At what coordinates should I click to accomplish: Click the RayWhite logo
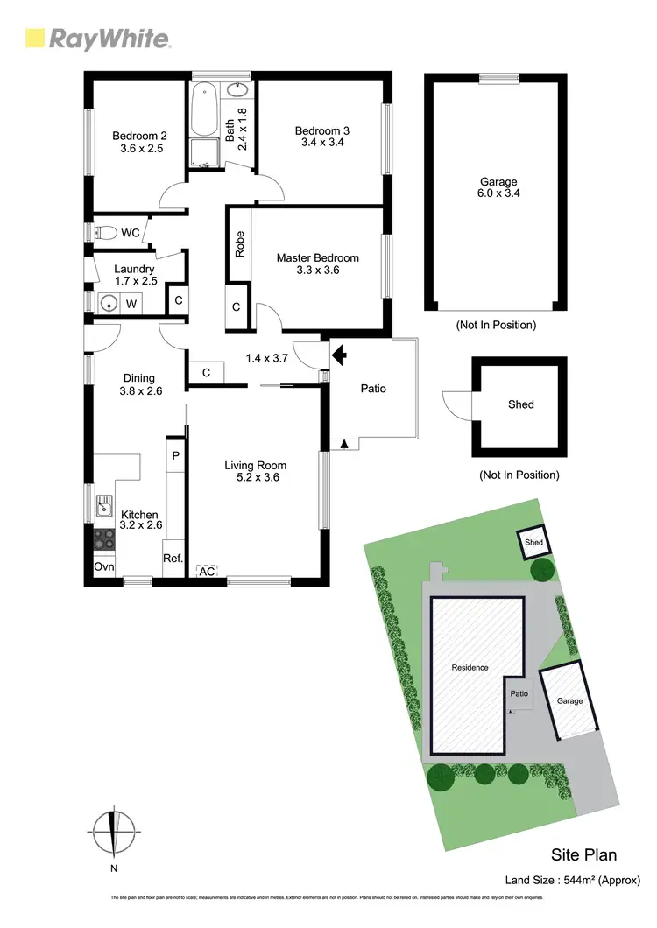tap(97, 38)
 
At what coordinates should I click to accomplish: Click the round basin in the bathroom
tap(237, 90)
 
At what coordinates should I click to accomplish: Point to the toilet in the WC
tap(105, 233)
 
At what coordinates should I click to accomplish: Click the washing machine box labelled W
tap(131, 303)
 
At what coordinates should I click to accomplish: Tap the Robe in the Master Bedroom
tap(239, 244)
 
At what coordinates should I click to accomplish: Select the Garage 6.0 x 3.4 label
tap(496, 188)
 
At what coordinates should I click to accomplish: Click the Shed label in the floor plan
tap(520, 404)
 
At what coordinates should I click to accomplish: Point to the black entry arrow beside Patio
tap(338, 355)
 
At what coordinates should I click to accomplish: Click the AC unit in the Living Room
tap(208, 571)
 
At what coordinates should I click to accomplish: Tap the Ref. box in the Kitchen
tap(173, 558)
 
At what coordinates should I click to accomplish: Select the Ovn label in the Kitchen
tap(103, 566)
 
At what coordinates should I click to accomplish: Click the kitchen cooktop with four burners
tap(104, 538)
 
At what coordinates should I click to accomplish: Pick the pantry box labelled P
tap(175, 455)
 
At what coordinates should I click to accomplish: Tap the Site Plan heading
tap(584, 854)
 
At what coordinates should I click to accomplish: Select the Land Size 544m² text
tap(573, 880)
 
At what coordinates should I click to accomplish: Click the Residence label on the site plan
tap(470, 668)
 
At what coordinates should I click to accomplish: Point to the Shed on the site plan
tap(533, 543)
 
